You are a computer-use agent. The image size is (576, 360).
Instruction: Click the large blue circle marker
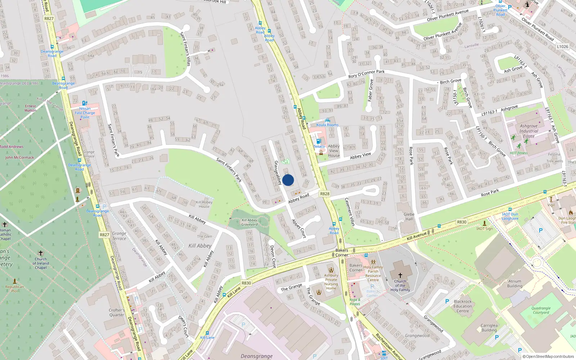tap(288, 180)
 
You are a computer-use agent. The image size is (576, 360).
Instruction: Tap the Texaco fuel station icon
tap(318, 141)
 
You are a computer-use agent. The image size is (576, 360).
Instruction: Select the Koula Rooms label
tap(327, 125)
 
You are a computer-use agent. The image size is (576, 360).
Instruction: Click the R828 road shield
tap(325, 194)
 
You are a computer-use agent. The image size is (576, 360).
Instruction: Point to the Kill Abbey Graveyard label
tap(249, 222)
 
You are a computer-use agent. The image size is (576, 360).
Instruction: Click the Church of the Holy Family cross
tap(400, 275)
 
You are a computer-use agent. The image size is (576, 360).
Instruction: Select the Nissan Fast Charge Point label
tap(85, 113)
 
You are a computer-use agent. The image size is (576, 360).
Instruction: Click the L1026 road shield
tap(562, 47)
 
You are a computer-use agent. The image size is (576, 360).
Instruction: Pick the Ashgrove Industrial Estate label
tap(528, 131)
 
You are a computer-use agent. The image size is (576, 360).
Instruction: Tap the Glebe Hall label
tap(409, 216)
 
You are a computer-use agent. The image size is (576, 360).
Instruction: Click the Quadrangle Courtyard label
tap(541, 310)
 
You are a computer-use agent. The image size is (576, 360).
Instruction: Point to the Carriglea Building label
tap(489, 328)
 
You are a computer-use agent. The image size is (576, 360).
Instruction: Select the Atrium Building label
tap(515, 284)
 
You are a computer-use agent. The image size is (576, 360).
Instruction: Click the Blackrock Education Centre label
tap(463, 306)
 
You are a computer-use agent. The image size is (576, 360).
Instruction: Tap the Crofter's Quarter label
tap(117, 312)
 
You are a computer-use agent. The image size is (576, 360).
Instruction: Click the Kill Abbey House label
tap(204, 204)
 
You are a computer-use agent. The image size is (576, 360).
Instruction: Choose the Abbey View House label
tap(334, 151)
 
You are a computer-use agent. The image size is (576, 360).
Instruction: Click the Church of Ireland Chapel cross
tap(41, 253)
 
